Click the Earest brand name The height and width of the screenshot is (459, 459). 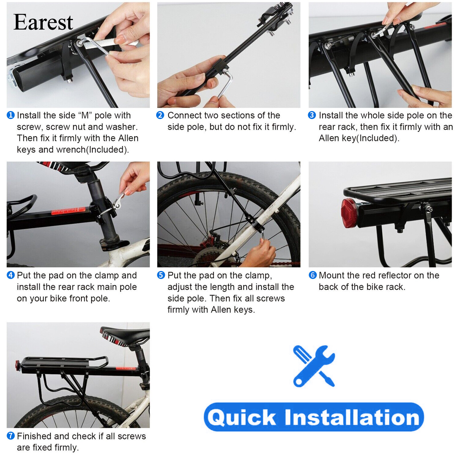point(43,22)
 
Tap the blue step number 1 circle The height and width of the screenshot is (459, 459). point(11,115)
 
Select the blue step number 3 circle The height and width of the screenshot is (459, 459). point(312,115)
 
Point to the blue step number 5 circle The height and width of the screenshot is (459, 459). point(161,275)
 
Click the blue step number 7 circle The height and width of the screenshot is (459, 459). point(11,436)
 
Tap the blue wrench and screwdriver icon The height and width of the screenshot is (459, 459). point(314,366)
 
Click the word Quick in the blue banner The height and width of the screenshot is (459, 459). point(242,417)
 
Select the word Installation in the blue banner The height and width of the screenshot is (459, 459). point(352,417)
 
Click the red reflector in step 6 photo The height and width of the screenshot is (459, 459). point(348,213)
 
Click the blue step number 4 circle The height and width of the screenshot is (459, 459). point(11,275)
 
